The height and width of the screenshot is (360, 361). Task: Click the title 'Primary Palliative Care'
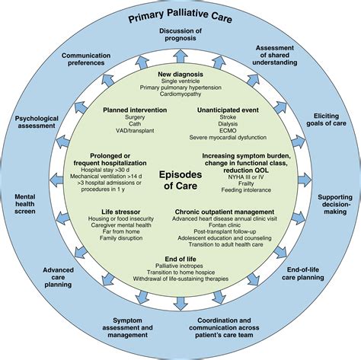(180, 16)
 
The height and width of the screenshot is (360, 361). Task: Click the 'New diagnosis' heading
(181, 74)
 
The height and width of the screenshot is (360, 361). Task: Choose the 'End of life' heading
(181, 258)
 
